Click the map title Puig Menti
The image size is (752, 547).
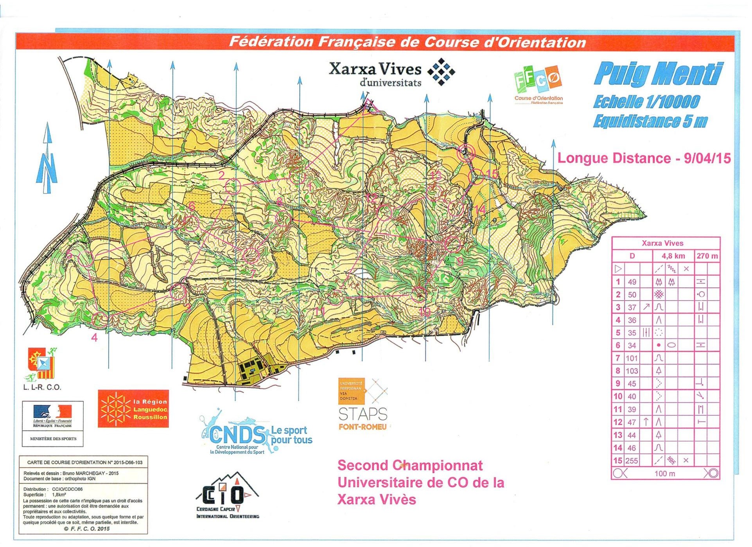[659, 74]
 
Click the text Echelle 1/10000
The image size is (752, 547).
[646, 102]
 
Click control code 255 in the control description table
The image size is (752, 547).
[632, 461]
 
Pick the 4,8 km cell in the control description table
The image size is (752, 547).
[673, 256]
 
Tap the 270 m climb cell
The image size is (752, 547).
[707, 256]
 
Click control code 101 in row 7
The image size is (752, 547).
[632, 359]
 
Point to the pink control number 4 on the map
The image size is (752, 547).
[94, 337]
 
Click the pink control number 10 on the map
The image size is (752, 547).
[424, 312]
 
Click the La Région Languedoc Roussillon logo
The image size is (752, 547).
[133, 409]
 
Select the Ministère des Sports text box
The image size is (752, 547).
[53, 439]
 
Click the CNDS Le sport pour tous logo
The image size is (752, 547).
[256, 434]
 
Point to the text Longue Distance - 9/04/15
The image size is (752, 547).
[644, 158]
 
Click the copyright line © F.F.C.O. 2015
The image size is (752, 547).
[86, 529]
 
